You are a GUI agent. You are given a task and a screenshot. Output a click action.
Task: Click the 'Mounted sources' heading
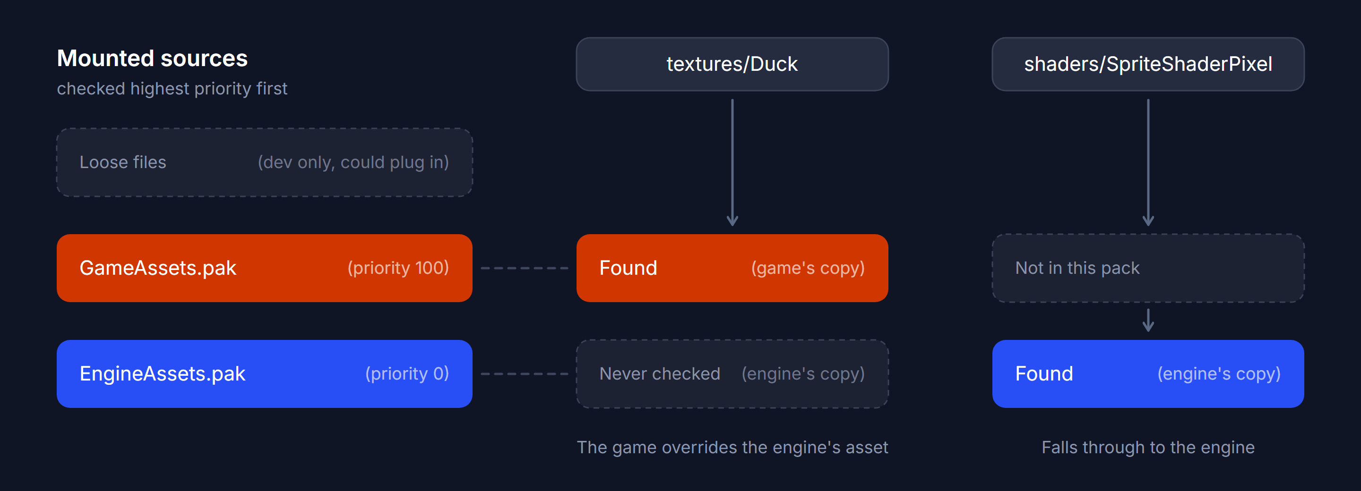[x=152, y=58]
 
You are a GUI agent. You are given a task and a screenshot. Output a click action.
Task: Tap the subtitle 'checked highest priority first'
[x=172, y=89]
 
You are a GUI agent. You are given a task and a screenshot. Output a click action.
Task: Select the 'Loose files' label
[x=122, y=162]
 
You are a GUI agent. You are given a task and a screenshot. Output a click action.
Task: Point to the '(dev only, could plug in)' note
[x=353, y=162]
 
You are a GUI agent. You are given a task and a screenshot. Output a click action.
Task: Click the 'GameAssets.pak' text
[x=158, y=268]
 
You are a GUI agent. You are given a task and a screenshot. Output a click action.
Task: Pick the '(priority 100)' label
[x=398, y=268]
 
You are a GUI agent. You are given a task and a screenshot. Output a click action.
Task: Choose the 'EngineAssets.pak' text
[x=163, y=374]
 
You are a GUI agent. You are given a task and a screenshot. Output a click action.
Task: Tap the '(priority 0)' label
[x=407, y=374]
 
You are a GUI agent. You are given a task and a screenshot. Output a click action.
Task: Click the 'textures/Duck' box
[x=732, y=64]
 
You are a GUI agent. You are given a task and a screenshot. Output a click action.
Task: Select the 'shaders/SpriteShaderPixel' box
[x=1148, y=64]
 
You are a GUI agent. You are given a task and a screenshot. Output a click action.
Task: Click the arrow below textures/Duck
[x=732, y=162]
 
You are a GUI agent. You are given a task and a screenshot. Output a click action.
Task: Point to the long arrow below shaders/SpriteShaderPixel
[x=1148, y=162]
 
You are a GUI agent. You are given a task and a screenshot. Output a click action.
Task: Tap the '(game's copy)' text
[x=808, y=268]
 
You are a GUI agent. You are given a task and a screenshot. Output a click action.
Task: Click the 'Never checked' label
[x=660, y=374]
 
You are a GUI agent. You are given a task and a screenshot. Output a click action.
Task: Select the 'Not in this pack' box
[x=1148, y=268]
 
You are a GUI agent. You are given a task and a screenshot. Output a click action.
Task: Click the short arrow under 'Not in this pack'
[x=1148, y=321]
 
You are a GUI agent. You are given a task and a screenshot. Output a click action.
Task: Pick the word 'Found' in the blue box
[x=1044, y=374]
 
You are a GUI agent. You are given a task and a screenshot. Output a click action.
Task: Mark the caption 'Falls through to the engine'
[x=1148, y=448]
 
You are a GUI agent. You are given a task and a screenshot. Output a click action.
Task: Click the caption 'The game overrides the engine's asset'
[x=732, y=448]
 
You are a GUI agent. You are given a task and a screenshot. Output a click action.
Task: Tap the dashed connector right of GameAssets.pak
[x=525, y=268]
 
